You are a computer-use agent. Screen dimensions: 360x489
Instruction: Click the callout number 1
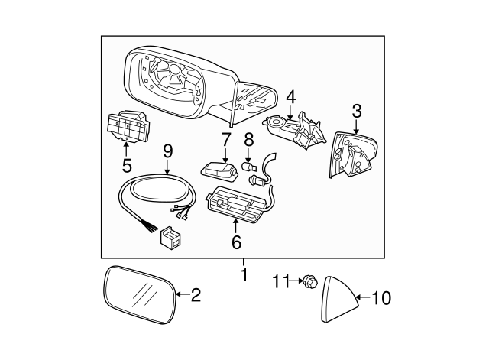244,274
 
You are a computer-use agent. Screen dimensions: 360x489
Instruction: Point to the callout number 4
290,97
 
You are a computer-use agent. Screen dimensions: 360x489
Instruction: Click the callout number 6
236,242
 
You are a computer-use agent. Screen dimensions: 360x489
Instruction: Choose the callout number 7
225,140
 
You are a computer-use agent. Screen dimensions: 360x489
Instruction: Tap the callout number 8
248,140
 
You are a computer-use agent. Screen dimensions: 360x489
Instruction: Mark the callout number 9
167,151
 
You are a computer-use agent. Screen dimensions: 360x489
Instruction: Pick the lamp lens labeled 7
220,167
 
